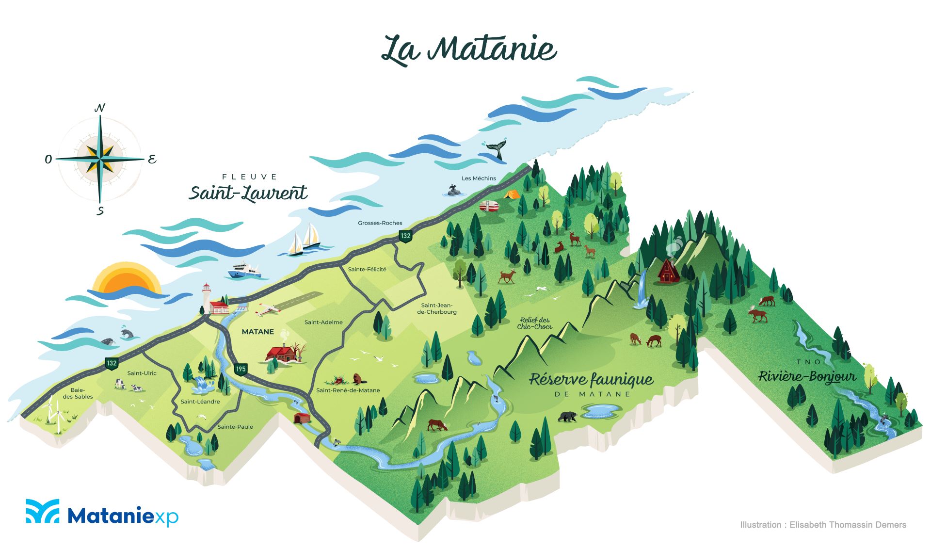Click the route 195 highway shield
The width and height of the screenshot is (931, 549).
241,369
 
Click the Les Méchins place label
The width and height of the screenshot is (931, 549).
479,178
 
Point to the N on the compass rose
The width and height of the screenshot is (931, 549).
100,108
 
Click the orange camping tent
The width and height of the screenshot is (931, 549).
511,194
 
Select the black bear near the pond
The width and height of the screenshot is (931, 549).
568,416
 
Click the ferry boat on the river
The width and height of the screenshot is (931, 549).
245,271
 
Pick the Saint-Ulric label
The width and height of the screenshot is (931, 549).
142,373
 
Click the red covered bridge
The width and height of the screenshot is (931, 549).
302,418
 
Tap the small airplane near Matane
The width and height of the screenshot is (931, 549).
267,309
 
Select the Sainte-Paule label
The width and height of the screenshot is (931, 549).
235,427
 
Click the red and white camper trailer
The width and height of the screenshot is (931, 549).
489,207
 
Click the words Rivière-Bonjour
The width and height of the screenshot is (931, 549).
807,377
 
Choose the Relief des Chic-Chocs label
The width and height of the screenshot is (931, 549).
534,323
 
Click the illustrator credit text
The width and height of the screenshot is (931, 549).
823,525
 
